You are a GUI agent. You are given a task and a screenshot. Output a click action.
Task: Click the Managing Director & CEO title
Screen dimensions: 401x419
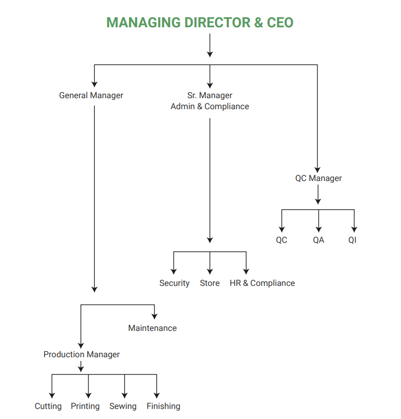[x=200, y=23]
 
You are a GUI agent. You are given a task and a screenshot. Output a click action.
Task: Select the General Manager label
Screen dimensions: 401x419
[x=91, y=95]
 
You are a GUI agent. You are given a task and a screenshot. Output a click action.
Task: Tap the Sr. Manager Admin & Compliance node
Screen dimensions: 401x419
[x=210, y=101]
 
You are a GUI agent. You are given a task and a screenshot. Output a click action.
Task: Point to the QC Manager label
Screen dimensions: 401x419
[x=319, y=178]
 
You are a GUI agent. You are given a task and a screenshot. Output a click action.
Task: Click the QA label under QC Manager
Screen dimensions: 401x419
[x=319, y=240]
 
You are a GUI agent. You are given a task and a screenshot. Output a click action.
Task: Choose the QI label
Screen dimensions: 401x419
[x=352, y=240]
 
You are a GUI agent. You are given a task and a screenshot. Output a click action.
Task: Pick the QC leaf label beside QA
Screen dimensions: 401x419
[x=282, y=240]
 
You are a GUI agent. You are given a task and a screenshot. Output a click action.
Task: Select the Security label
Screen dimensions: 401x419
[x=174, y=283]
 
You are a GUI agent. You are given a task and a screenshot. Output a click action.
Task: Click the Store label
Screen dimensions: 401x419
[x=210, y=283]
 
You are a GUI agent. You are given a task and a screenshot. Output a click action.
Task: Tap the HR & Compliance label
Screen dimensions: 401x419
[x=262, y=283]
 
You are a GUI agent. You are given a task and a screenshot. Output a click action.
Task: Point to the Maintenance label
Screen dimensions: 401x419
[x=152, y=328]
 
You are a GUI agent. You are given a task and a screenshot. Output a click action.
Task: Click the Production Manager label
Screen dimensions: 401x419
[x=81, y=355]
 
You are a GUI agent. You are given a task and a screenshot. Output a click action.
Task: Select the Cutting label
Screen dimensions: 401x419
[x=48, y=406]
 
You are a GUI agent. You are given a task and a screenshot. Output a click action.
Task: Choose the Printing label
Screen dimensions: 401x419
[x=85, y=406]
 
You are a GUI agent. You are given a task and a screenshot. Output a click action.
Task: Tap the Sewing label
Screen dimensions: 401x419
[x=123, y=406]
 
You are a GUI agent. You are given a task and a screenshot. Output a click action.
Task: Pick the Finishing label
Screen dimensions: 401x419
[x=163, y=406]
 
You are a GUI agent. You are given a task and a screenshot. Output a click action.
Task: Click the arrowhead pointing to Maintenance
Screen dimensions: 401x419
[x=154, y=317]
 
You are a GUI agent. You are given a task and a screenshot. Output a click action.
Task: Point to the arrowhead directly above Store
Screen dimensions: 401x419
[x=210, y=272]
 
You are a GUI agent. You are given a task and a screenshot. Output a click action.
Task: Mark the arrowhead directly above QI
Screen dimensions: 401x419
[x=354, y=229]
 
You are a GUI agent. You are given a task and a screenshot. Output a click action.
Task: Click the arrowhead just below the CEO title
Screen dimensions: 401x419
[x=210, y=54]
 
